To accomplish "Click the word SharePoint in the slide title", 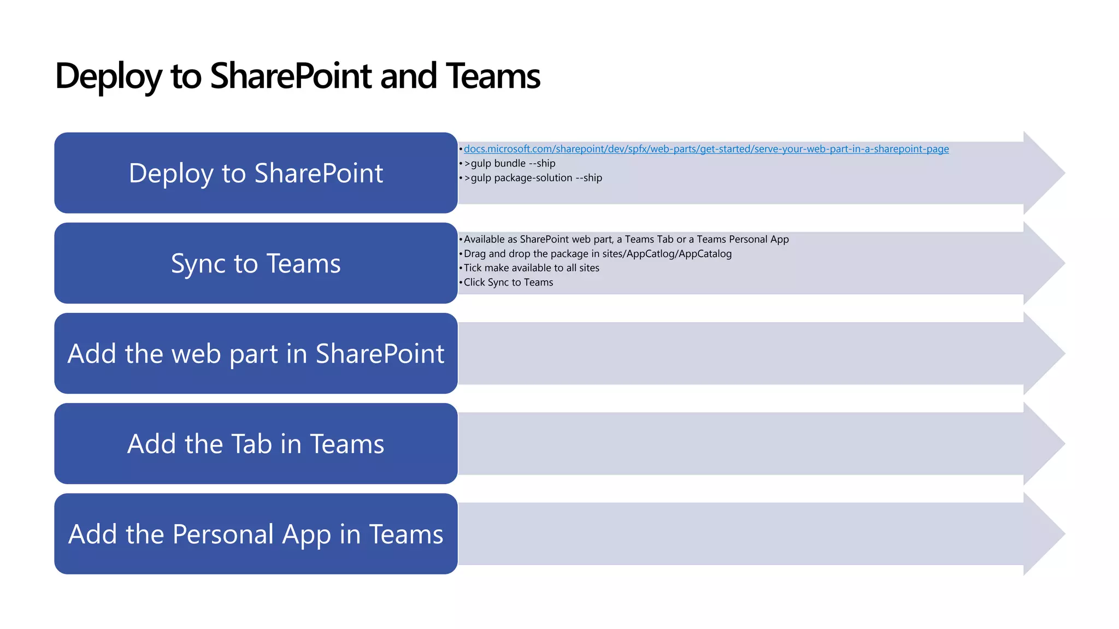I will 291,76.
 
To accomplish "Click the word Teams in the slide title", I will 492,76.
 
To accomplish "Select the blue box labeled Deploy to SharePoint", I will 256,173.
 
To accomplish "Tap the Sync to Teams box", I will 256,263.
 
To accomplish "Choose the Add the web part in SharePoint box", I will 256,353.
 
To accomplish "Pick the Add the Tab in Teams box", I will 256,443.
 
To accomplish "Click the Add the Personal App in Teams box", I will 256,533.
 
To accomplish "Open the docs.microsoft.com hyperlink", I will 706,149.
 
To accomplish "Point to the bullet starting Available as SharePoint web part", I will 626,239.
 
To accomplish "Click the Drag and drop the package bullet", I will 597,254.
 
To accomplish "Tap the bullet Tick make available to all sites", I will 531,268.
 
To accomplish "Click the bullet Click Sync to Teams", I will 508,282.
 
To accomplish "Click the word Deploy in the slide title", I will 108,76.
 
